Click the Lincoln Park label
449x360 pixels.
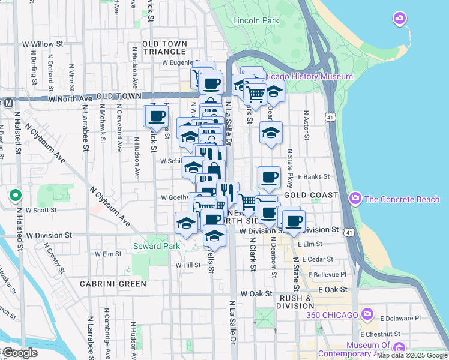[256, 20]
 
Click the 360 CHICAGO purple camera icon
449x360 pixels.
[367, 314]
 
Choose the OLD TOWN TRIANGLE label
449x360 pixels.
[165, 48]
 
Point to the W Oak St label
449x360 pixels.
[256, 294]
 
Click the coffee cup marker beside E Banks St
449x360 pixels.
[269, 177]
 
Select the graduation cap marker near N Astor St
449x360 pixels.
[271, 132]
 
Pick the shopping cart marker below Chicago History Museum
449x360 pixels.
[256, 94]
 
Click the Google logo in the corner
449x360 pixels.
[19, 353]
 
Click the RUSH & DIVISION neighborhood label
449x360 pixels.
[295, 302]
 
